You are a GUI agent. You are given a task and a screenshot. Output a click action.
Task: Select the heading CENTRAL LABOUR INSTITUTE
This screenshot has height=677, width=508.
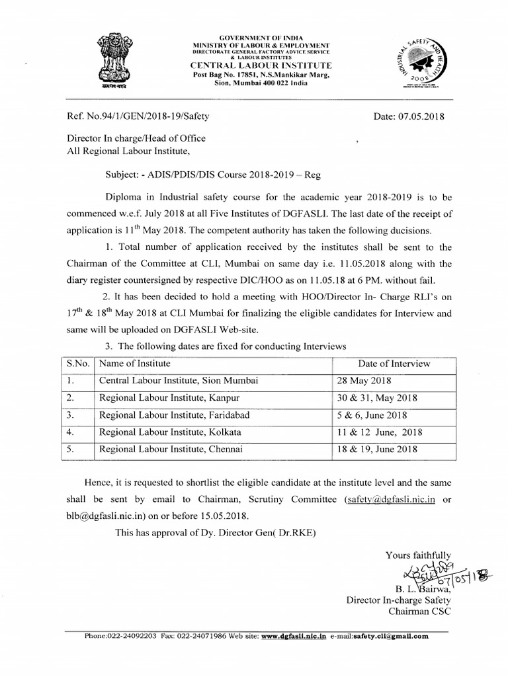261,67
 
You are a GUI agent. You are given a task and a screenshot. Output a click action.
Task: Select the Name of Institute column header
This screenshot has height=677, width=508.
135,364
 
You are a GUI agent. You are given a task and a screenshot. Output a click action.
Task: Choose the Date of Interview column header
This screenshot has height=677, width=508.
394,364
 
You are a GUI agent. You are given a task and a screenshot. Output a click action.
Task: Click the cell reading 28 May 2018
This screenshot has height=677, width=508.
364,381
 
